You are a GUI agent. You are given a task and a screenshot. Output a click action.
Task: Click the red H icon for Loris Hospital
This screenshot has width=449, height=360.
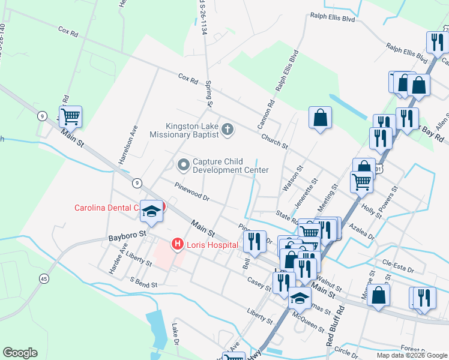tap(178, 244)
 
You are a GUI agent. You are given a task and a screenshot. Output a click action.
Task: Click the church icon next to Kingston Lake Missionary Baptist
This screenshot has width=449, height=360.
tap(228, 129)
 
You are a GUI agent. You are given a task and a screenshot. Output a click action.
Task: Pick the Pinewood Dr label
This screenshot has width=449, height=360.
tap(191, 191)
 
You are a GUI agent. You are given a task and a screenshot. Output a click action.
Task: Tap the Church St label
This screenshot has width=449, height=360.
tap(274, 142)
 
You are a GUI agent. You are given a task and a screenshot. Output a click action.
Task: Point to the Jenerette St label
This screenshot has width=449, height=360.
tap(304, 193)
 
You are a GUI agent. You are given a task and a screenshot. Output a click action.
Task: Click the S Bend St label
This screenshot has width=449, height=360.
tap(143, 282)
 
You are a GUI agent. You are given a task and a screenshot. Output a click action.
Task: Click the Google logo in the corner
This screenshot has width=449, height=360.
tap(20, 353)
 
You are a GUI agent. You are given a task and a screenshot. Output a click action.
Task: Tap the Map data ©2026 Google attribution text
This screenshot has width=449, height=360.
tap(412, 355)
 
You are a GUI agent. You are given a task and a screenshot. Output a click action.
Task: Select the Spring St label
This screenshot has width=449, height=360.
tap(209, 95)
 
